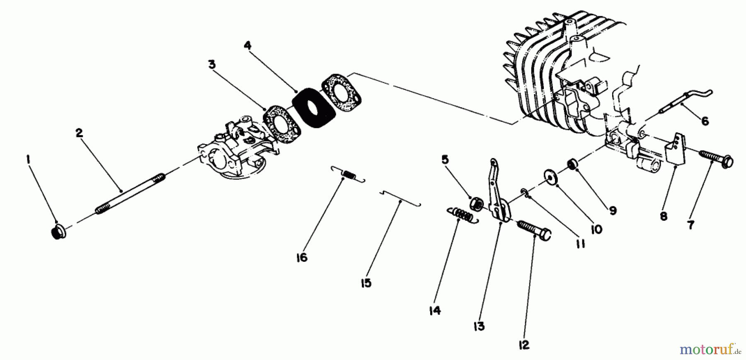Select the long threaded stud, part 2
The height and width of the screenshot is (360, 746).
pos(131,193)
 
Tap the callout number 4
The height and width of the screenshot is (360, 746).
pos(247,45)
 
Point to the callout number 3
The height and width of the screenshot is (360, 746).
pos(212,65)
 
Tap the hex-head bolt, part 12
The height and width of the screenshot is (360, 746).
pos(535,231)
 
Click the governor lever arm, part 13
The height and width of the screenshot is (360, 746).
pos(499,191)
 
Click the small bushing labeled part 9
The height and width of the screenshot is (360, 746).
pos(572,164)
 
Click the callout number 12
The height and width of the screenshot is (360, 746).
pos(524,345)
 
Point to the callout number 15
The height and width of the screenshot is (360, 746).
pos(366,283)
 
